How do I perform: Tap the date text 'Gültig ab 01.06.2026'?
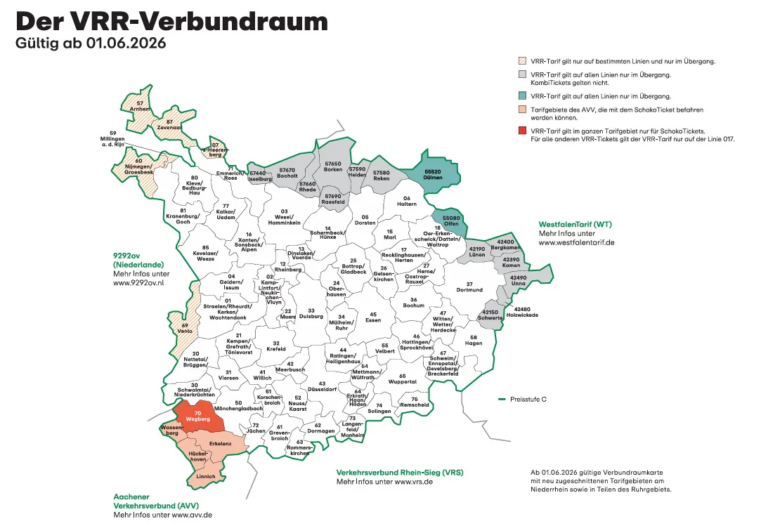91,44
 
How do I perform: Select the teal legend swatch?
522,96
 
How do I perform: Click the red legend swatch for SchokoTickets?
522,131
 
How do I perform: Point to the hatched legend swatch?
522,61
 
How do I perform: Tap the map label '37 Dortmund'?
469,287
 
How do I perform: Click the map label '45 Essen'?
374,317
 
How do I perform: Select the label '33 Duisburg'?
311,313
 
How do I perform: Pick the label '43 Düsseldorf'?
320,386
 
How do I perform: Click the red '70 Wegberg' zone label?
198,415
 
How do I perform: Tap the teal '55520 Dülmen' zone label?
433,174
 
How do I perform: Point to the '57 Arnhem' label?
140,106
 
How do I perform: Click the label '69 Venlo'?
186,328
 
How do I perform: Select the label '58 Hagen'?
473,340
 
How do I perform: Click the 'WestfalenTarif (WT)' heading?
575,225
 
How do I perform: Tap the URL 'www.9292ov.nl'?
138,283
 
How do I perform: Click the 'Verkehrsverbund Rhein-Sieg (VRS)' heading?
400,472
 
